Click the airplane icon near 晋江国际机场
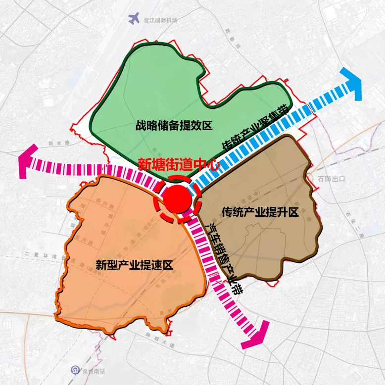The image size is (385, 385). [134, 19]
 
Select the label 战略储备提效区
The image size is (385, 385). [174, 126]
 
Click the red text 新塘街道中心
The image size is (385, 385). [177, 165]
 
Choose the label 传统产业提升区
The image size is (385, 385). [260, 212]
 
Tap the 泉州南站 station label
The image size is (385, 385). [91, 370]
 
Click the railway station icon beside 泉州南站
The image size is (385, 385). [74, 370]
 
